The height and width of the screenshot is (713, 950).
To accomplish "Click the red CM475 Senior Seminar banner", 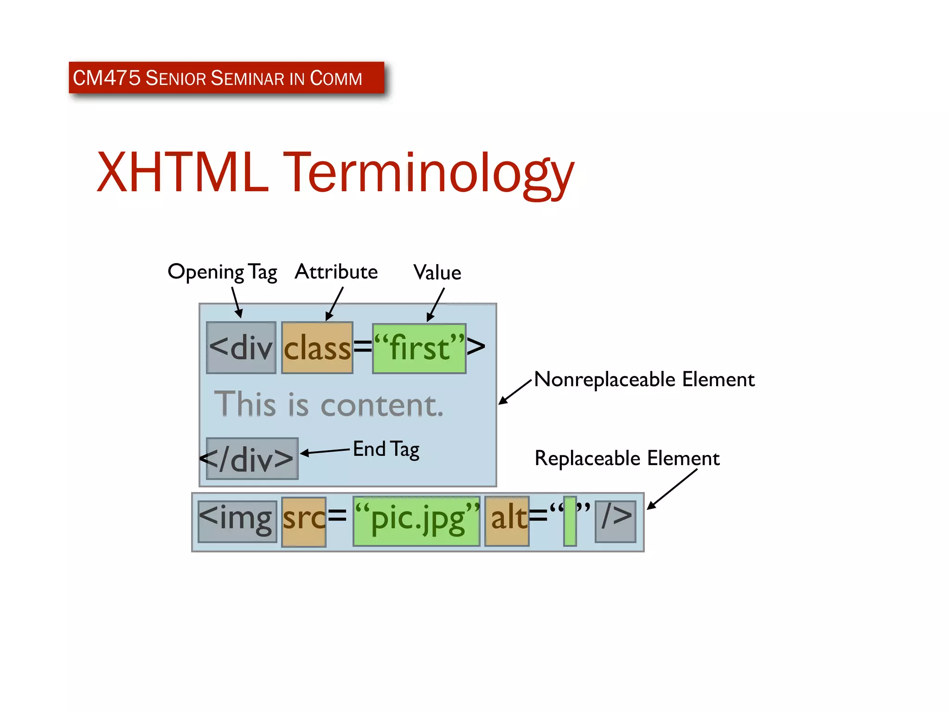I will [226, 78].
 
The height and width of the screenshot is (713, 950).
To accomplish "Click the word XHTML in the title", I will [182, 172].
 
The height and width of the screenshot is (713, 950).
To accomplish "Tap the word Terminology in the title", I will [429, 174].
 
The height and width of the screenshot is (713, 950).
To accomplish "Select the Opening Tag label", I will [222, 272].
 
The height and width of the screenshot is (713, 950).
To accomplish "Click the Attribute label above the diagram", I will [336, 272].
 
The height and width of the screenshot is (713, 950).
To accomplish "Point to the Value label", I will [437, 272].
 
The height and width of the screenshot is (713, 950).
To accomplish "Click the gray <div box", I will [241, 347].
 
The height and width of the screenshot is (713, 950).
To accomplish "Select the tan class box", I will [317, 348].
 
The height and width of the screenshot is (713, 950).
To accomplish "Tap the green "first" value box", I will [419, 348].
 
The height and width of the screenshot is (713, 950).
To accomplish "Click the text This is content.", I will [328, 404].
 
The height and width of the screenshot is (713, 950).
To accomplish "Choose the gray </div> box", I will [252, 459].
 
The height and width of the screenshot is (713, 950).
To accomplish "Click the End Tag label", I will [386, 449].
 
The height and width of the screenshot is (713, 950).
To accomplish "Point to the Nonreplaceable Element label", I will [644, 379].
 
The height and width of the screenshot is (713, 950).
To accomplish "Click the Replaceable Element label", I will [627, 458].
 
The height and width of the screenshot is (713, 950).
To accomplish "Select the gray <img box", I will [237, 521].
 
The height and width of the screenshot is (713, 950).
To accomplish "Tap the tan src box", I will [304, 522].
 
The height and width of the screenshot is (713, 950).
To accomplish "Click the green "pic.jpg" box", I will [416, 521].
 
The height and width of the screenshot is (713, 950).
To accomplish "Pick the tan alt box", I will [507, 521].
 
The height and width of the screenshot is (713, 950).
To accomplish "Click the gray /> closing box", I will [615, 521].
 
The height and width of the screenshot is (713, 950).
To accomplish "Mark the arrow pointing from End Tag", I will [325, 452].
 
